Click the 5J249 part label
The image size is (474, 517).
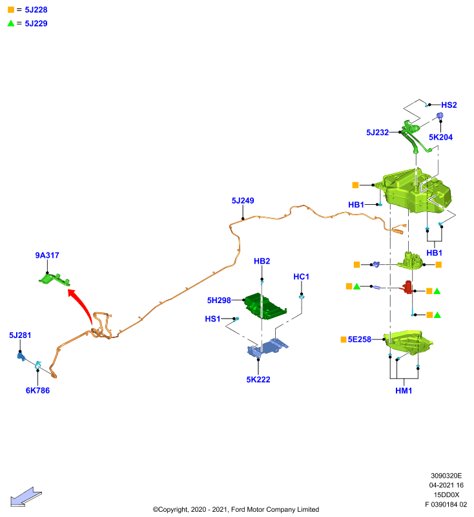tap(243, 200)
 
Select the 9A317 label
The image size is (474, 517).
tap(47, 255)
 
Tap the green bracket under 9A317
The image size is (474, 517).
tap(54, 280)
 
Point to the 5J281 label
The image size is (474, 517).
tap(20, 335)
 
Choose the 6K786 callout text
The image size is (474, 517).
tap(37, 390)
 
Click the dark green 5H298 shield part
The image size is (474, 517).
tap(266, 306)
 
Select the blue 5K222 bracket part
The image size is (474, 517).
tap(267, 348)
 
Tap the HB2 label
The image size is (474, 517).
tap(262, 261)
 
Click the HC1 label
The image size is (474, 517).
tap(302, 277)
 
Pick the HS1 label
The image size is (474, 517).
tap(212, 319)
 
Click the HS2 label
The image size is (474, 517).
tap(449, 105)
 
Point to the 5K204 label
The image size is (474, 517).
tap(440, 137)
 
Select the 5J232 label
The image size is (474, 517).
tap(378, 132)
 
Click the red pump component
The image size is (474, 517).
tap(407, 287)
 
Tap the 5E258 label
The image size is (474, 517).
tap(359, 339)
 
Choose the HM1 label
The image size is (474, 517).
tap(404, 391)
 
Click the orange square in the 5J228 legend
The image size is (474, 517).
tap(11, 10)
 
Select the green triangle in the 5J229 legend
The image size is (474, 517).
tap(11, 23)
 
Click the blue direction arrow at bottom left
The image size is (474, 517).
tap(26, 496)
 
